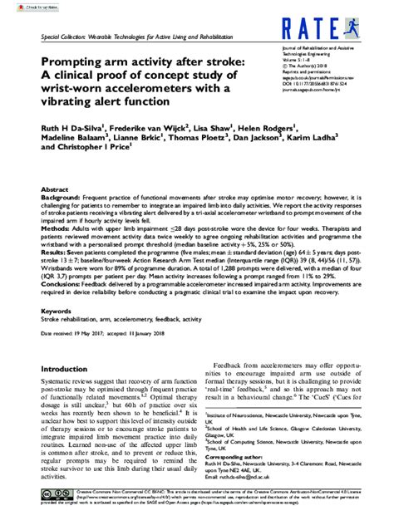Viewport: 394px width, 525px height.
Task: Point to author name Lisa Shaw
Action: (214, 128)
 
